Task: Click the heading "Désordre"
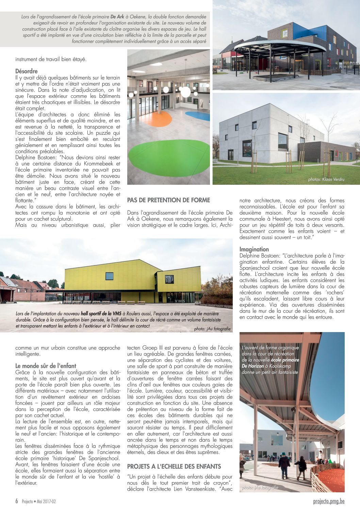[27, 71]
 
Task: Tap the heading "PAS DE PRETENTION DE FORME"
[168, 200]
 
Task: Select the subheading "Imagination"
[254, 249]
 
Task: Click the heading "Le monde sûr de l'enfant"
[46, 366]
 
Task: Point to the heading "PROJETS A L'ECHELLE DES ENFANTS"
[174, 466]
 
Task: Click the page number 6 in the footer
[17, 501]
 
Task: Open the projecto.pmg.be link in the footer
[329, 501]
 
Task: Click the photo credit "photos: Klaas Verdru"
[326, 179]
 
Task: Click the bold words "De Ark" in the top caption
[117, 17]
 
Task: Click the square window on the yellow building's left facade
[109, 276]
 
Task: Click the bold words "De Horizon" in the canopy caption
[253, 366]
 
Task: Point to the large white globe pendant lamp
[185, 92]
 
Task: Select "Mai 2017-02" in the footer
[46, 502]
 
